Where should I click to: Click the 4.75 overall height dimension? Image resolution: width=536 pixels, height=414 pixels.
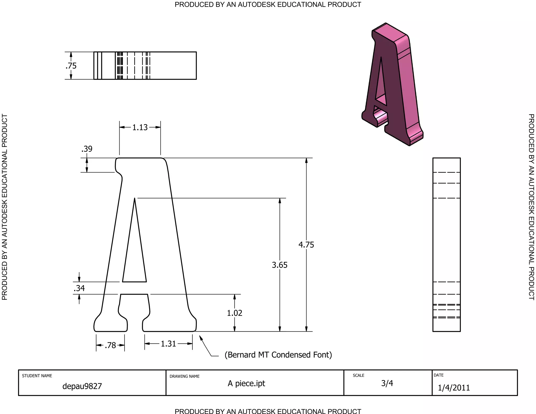(x=306, y=245)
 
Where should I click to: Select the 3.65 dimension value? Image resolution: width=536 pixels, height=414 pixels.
(x=280, y=265)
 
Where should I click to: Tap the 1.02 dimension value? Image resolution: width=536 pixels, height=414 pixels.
(x=234, y=313)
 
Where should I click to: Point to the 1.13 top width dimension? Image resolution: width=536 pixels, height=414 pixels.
(x=140, y=127)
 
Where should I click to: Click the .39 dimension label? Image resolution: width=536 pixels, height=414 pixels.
(x=87, y=149)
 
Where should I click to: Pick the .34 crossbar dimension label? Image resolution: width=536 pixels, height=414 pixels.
(x=79, y=288)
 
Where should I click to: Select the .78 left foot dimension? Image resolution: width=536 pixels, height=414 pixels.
(x=110, y=345)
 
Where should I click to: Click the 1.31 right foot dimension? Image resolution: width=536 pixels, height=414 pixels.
(x=168, y=344)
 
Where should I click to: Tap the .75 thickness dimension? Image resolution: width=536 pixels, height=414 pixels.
(x=71, y=66)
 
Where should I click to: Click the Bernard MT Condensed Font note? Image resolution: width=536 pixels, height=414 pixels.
(x=278, y=355)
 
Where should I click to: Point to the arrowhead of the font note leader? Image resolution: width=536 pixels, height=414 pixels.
(x=200, y=337)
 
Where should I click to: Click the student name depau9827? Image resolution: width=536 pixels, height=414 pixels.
(x=82, y=386)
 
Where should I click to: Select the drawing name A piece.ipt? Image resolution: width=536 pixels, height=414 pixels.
(x=246, y=384)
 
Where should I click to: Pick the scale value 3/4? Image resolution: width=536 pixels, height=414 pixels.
(x=387, y=383)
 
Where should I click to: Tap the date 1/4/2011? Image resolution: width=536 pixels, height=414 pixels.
(x=454, y=388)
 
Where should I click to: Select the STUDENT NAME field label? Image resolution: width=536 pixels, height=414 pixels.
(x=37, y=376)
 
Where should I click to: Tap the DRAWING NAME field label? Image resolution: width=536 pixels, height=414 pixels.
(x=185, y=376)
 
